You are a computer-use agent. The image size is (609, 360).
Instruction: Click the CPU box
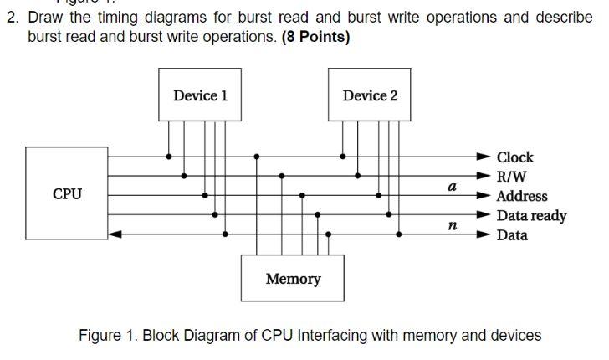[67, 193]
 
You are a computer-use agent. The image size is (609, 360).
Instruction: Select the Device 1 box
[200, 95]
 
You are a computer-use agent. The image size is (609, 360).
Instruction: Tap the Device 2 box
[370, 95]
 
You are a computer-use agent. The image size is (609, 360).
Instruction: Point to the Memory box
[292, 278]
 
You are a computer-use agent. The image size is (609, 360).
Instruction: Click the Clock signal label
[514, 157]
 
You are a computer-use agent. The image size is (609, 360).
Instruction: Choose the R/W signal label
[511, 177]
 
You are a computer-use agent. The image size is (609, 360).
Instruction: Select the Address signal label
[522, 196]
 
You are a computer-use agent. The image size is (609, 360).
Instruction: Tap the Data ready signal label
[531, 215]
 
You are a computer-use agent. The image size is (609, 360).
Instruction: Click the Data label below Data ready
[512, 235]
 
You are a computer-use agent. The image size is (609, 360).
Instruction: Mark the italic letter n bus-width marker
[452, 225]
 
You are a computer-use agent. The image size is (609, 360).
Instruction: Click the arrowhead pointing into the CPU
[115, 234]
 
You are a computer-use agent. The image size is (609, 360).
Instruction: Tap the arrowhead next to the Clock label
[484, 157]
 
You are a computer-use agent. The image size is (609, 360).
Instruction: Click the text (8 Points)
[316, 37]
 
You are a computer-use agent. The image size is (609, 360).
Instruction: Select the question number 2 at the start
[11, 18]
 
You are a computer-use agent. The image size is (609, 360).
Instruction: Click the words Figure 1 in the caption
[108, 335]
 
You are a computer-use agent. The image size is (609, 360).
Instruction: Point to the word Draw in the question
[45, 18]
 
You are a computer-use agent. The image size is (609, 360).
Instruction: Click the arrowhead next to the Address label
[484, 195]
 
